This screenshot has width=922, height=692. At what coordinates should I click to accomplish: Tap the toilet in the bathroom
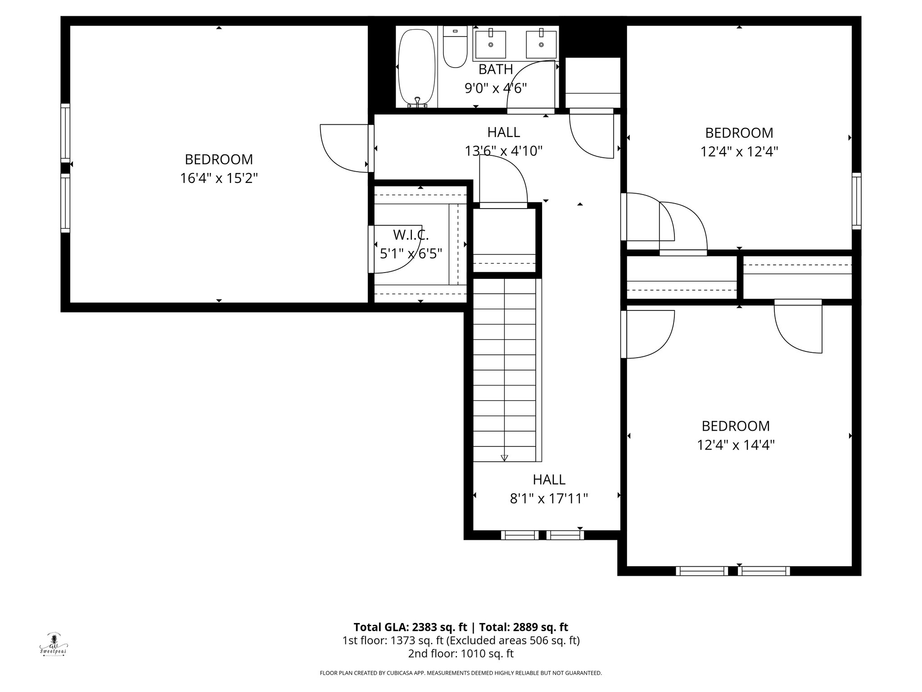click(x=455, y=47)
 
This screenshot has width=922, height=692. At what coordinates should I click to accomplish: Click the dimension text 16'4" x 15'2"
click(x=219, y=178)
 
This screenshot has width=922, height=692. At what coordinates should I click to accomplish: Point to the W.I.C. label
click(x=411, y=235)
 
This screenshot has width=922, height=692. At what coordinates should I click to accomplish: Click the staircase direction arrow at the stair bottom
click(x=504, y=457)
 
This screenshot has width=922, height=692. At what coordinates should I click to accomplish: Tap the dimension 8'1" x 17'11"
click(x=549, y=499)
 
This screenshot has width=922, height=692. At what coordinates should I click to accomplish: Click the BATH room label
click(x=496, y=69)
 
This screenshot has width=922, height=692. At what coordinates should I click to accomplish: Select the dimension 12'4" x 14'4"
click(x=736, y=445)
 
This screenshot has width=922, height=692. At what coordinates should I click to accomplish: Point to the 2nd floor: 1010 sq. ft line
click(x=461, y=654)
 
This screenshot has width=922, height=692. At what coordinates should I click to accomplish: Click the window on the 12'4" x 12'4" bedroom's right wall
click(x=856, y=200)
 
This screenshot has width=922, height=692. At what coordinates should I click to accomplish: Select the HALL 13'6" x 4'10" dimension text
click(x=503, y=151)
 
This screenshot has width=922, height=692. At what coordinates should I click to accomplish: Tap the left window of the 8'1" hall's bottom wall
click(x=520, y=535)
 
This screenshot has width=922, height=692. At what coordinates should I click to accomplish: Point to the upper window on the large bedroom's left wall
click(x=66, y=133)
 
